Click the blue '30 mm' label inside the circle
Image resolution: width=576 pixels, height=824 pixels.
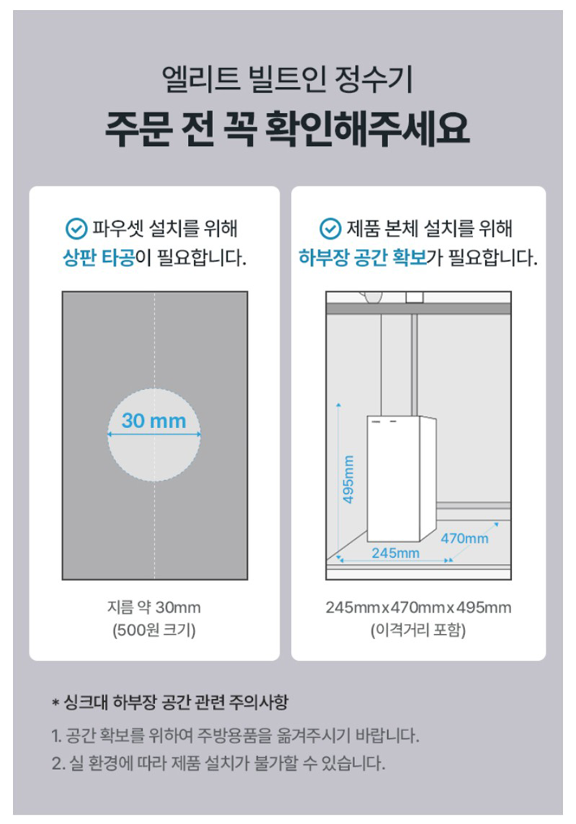click(x=154, y=420)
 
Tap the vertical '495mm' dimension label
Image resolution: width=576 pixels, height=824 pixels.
click(x=348, y=479)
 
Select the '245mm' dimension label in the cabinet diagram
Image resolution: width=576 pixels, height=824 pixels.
click(x=396, y=553)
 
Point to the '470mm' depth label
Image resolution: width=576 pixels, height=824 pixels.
click(x=464, y=538)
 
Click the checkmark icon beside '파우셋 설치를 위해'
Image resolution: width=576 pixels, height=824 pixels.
click(x=76, y=229)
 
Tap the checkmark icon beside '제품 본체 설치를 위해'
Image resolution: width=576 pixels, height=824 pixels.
click(x=330, y=229)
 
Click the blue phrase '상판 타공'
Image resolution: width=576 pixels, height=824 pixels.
click(x=99, y=258)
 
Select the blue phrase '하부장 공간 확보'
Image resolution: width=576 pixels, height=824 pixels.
click(x=363, y=258)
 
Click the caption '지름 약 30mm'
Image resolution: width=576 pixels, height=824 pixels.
click(x=154, y=607)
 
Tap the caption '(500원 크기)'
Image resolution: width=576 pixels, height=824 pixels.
click(x=154, y=630)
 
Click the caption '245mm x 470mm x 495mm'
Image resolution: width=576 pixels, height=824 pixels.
click(x=418, y=607)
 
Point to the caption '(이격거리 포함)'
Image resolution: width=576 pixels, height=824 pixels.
click(x=418, y=630)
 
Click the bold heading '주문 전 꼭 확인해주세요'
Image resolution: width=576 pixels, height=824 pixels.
click(x=287, y=129)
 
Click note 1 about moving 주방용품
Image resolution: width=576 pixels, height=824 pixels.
click(x=235, y=735)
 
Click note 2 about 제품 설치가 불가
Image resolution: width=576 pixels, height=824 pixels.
click(x=218, y=763)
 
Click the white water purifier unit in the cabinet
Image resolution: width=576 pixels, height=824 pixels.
click(x=402, y=479)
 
